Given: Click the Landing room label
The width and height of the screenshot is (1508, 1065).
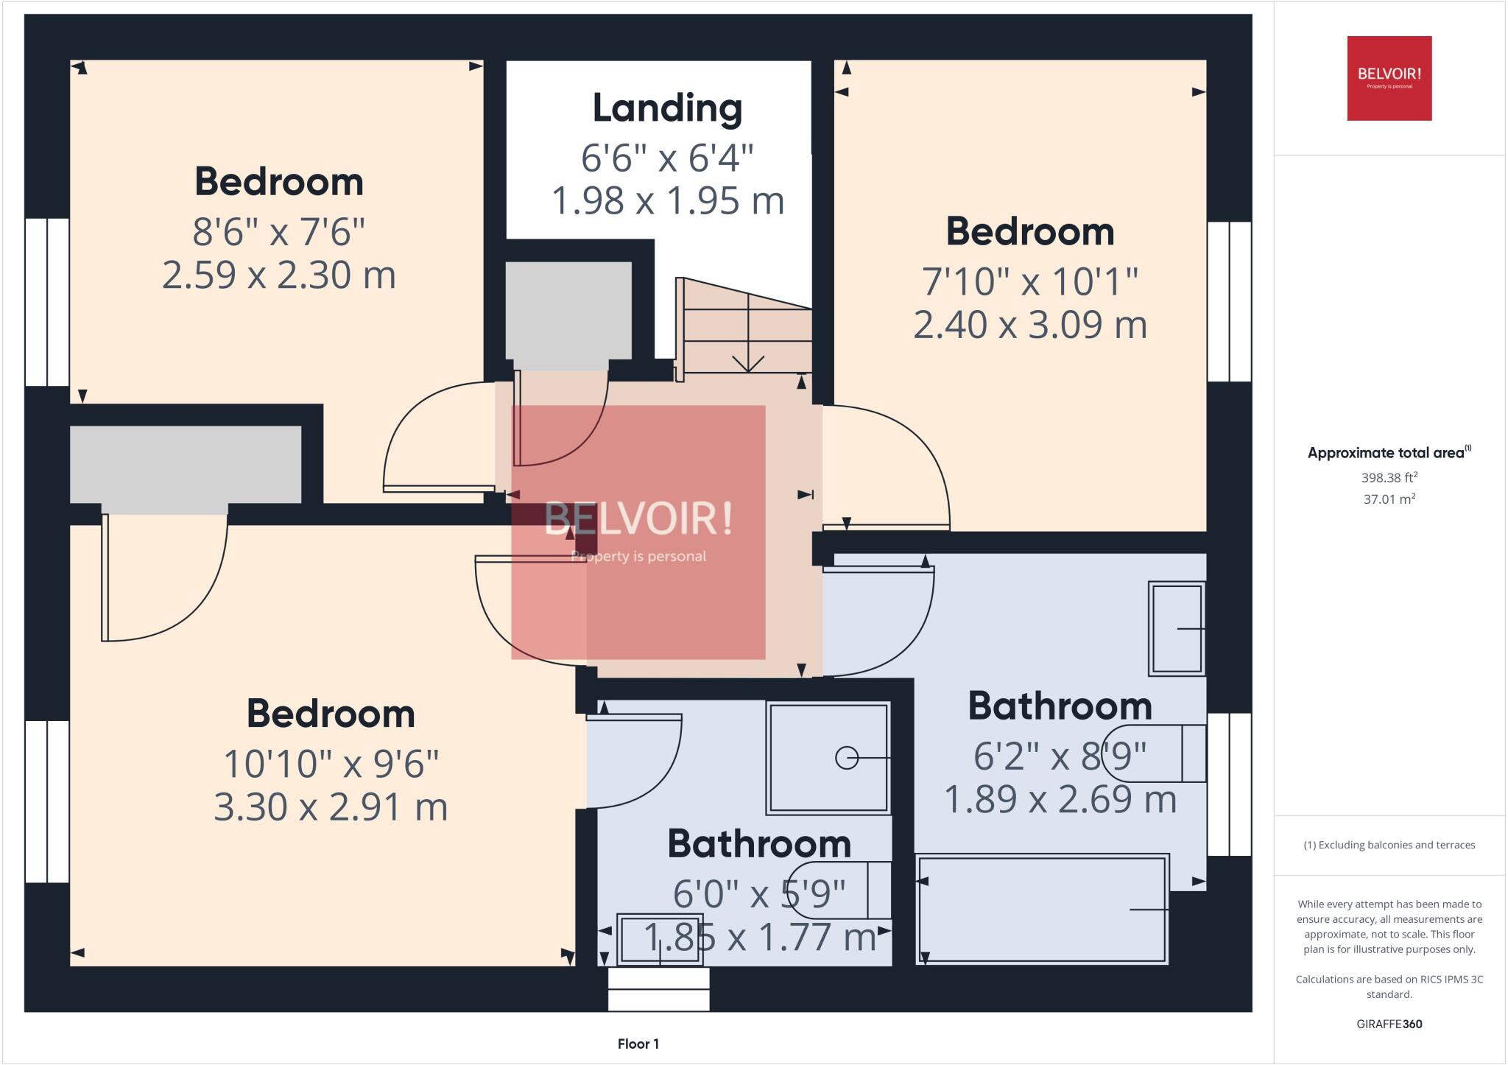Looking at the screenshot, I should click(x=667, y=108).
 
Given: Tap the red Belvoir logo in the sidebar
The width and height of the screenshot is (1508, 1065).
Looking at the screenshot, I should click(x=1389, y=78).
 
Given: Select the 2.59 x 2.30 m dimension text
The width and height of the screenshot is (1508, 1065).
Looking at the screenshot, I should click(x=278, y=275).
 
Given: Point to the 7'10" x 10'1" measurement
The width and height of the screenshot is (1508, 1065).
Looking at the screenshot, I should click(x=1029, y=281).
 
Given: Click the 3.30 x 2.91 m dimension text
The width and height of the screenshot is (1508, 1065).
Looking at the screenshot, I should click(x=331, y=807).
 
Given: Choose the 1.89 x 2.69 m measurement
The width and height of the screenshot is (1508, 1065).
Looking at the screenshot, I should click(x=1060, y=800).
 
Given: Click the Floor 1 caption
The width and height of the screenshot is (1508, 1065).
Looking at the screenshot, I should click(x=638, y=1044).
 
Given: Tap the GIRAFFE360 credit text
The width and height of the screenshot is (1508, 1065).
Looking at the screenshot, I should click(x=1389, y=1024).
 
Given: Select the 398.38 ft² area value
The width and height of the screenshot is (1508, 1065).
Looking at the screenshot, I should click(x=1389, y=477).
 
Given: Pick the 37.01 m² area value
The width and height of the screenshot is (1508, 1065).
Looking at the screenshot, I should click(x=1389, y=499).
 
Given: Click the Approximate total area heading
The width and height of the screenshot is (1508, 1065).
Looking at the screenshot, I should click(x=1389, y=453).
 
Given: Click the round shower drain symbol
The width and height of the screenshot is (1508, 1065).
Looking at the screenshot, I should click(x=846, y=757).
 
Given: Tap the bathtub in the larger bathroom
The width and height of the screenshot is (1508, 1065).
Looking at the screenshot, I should click(x=1042, y=909).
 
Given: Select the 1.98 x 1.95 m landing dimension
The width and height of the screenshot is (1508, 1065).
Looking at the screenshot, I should click(x=667, y=201).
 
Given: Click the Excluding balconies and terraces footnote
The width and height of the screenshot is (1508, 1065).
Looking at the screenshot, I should click(x=1389, y=845).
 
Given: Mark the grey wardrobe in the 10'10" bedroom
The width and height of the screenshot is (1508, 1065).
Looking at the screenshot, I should click(x=186, y=465).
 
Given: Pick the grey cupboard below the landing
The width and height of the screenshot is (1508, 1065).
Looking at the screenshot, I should click(x=568, y=310).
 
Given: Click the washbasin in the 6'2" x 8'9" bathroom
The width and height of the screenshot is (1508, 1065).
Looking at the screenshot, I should click(x=1177, y=628).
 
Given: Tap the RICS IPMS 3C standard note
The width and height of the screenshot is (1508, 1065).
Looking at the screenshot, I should click(x=1389, y=986).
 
